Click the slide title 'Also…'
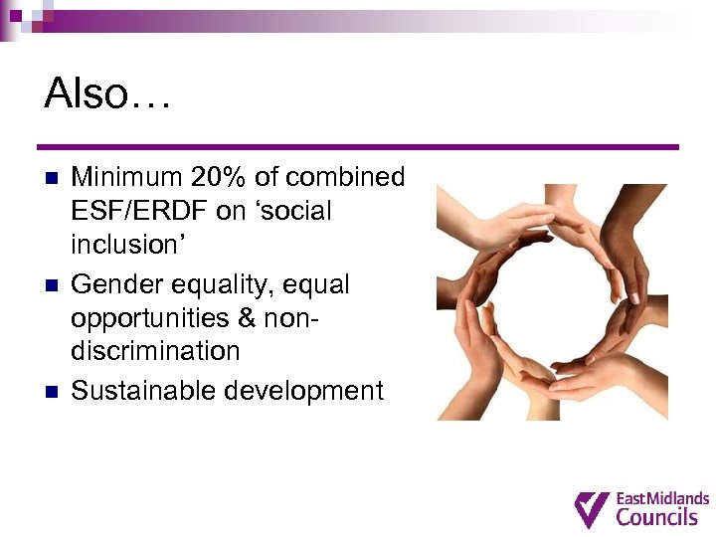(107, 95)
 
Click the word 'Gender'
(115, 285)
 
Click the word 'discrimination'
(155, 351)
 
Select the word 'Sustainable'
(143, 391)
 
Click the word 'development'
(303, 391)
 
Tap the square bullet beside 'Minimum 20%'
(52, 179)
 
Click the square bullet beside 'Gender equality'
(52, 285)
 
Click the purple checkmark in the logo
(592, 508)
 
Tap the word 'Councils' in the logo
(656, 517)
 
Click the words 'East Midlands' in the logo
(662, 497)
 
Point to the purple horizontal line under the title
(358, 147)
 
